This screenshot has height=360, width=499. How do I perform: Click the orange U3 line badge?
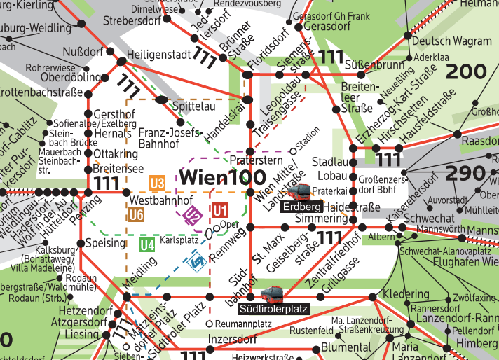click(x=157, y=184)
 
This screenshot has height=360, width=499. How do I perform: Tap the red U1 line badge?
click(x=221, y=210)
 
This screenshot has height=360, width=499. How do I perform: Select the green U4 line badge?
click(x=146, y=245)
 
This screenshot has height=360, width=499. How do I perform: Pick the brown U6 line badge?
click(x=136, y=215)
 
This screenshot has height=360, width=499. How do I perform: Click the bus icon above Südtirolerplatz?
click(x=272, y=293)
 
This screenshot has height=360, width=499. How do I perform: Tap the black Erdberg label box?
click(x=301, y=207)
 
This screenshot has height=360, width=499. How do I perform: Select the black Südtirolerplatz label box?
click(x=273, y=307)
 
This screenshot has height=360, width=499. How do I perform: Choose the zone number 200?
click(x=465, y=71)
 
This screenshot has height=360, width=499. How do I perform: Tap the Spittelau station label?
click(x=193, y=106)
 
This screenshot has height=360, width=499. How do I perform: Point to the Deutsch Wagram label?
click(x=457, y=41)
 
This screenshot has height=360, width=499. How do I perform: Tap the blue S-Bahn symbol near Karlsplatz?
click(x=199, y=263)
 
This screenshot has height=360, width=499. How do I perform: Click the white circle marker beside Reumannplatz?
click(x=210, y=324)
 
